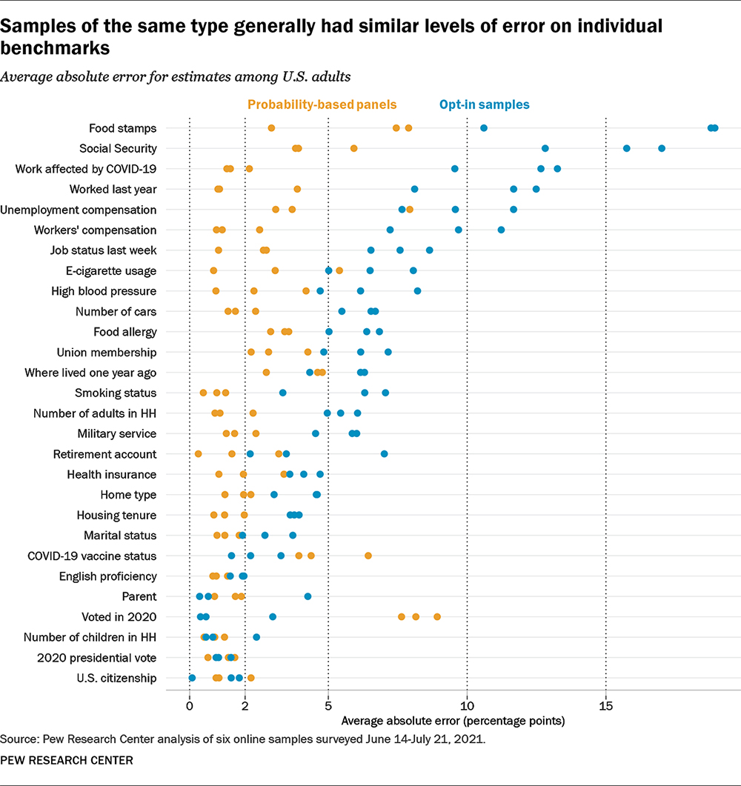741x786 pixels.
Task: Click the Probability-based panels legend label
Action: tap(322, 105)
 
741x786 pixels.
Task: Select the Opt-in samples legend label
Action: tap(484, 105)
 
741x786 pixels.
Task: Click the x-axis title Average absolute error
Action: tap(453, 720)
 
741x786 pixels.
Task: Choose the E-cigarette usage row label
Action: tap(110, 270)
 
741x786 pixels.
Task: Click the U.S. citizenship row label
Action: tap(116, 678)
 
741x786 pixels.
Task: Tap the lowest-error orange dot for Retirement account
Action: tap(198, 453)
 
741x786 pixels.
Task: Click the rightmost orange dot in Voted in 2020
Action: tap(437, 616)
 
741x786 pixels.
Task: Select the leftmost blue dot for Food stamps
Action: tap(484, 128)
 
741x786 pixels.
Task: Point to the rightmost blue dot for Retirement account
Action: tap(384, 453)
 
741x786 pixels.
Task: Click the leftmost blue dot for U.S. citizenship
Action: tap(192, 678)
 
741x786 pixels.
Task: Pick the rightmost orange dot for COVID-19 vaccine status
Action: tap(368, 556)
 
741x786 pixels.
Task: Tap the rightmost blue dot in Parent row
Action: tap(308, 596)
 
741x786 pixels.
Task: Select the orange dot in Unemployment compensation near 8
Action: tap(410, 210)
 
